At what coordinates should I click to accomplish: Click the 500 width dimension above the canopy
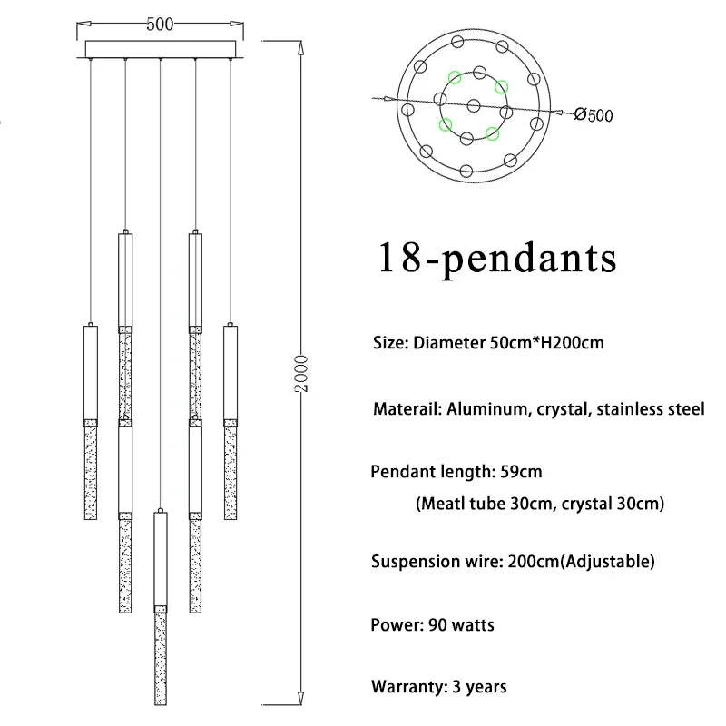tap(160, 25)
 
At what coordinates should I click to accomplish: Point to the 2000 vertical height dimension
tap(303, 373)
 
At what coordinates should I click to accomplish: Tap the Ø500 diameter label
tap(594, 114)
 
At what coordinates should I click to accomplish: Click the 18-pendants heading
tap(496, 259)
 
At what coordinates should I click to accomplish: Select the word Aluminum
tap(487, 409)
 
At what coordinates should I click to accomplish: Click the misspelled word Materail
tap(407, 409)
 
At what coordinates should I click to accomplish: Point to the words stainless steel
tap(650, 409)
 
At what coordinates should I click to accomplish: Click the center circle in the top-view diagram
tap(473, 105)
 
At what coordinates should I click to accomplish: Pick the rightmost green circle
tap(501, 88)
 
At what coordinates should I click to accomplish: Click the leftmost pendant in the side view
tap(90, 423)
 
